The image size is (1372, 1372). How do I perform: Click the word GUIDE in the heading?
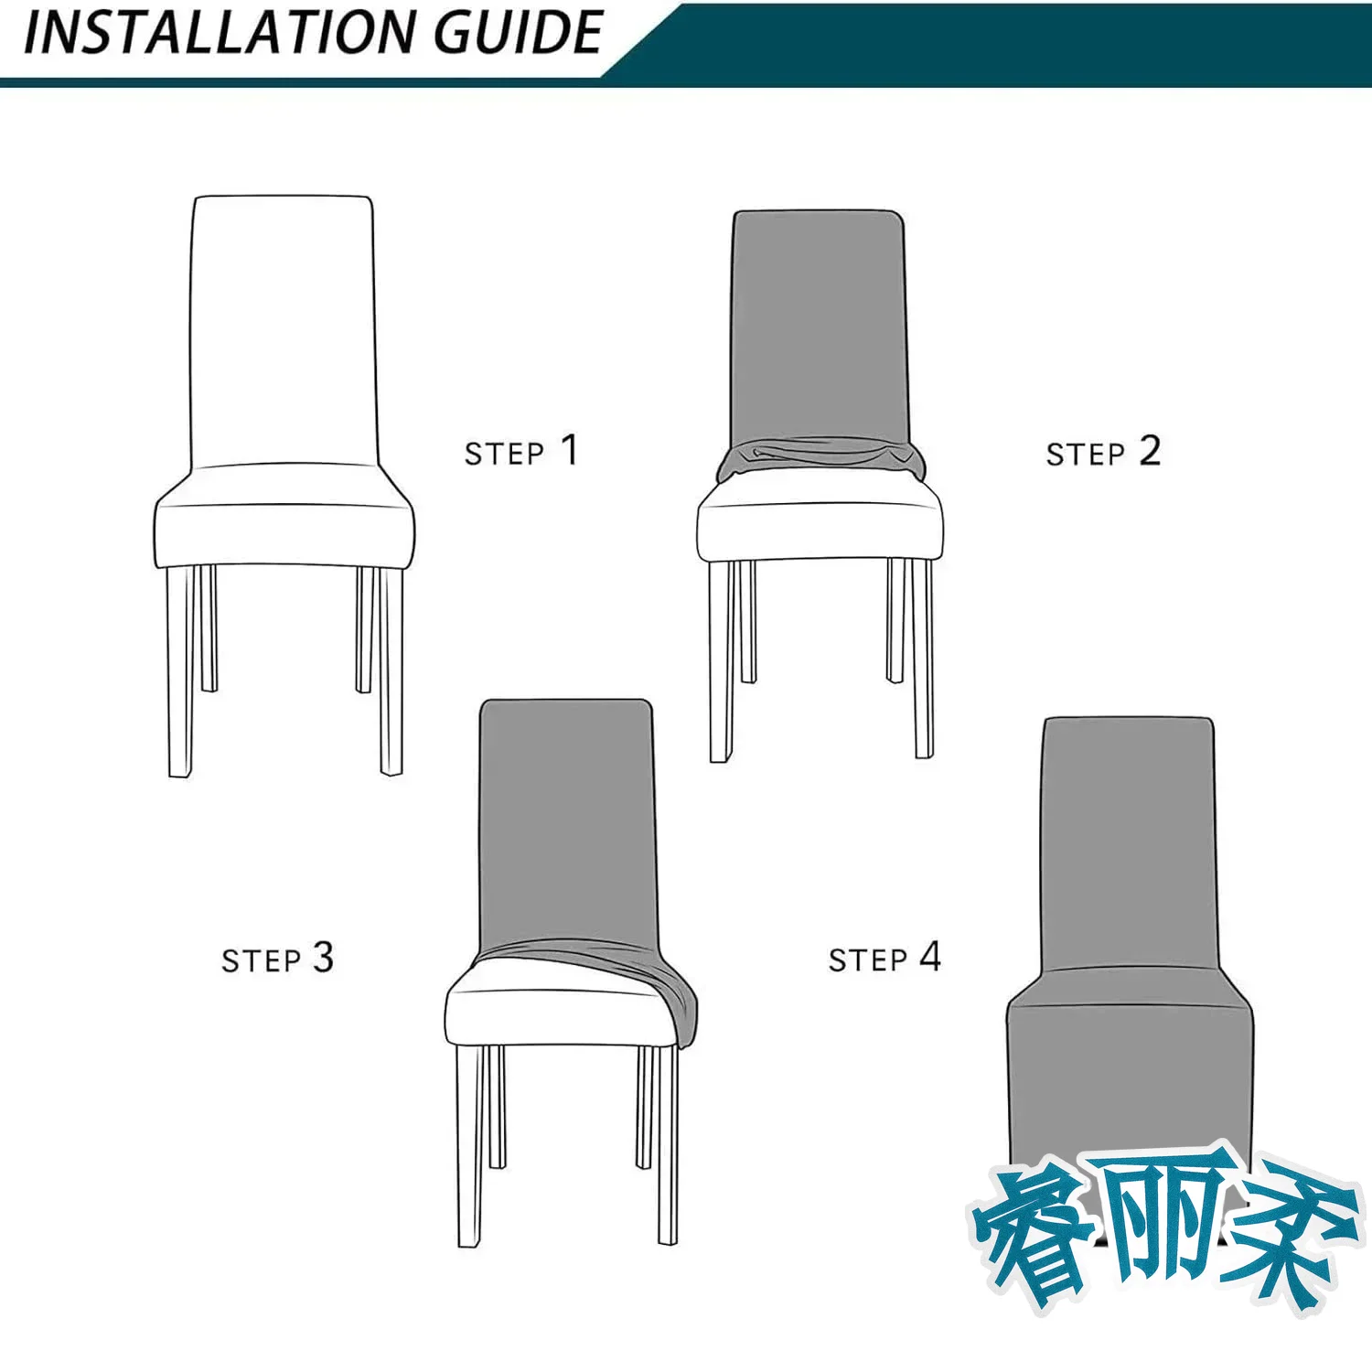click(519, 34)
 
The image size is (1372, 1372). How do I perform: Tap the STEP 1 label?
click(521, 451)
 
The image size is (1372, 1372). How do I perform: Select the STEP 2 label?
click(1103, 452)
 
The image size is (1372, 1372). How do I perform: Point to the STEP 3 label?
click(277, 959)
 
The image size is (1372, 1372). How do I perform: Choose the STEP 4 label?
click(884, 958)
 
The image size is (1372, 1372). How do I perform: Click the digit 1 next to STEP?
click(569, 450)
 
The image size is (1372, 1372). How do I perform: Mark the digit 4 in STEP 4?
click(930, 957)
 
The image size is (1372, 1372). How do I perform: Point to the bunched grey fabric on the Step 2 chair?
click(820, 459)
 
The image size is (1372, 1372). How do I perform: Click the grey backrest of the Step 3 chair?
click(567, 823)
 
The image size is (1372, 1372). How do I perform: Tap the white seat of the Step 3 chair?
click(558, 1006)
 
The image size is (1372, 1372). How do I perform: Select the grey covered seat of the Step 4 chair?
click(1130, 1070)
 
